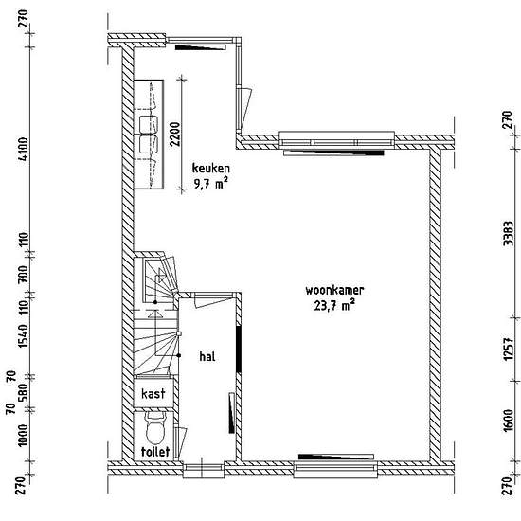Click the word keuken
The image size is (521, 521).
click(210, 168)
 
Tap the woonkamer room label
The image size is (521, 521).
click(334, 290)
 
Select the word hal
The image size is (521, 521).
click(207, 356)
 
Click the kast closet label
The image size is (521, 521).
click(153, 394)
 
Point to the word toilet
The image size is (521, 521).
click(155, 452)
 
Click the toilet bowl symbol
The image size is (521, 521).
click(156, 428)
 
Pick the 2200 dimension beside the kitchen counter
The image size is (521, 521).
click(175, 135)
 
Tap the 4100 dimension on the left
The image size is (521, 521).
click(24, 149)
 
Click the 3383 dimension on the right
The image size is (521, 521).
click(508, 234)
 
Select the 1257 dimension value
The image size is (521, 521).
click(508, 350)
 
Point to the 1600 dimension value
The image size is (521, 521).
click(508, 421)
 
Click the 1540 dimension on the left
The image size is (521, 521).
click(24, 336)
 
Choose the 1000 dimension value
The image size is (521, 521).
click(24, 436)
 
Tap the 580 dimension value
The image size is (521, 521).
click(24, 392)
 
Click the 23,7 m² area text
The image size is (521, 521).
click(334, 305)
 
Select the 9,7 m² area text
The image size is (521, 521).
click(210, 183)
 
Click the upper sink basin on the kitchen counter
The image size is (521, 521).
click(149, 125)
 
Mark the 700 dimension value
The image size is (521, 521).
click(24, 274)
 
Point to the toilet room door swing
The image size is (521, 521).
click(181, 442)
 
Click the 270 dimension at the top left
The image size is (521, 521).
click(24, 18)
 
